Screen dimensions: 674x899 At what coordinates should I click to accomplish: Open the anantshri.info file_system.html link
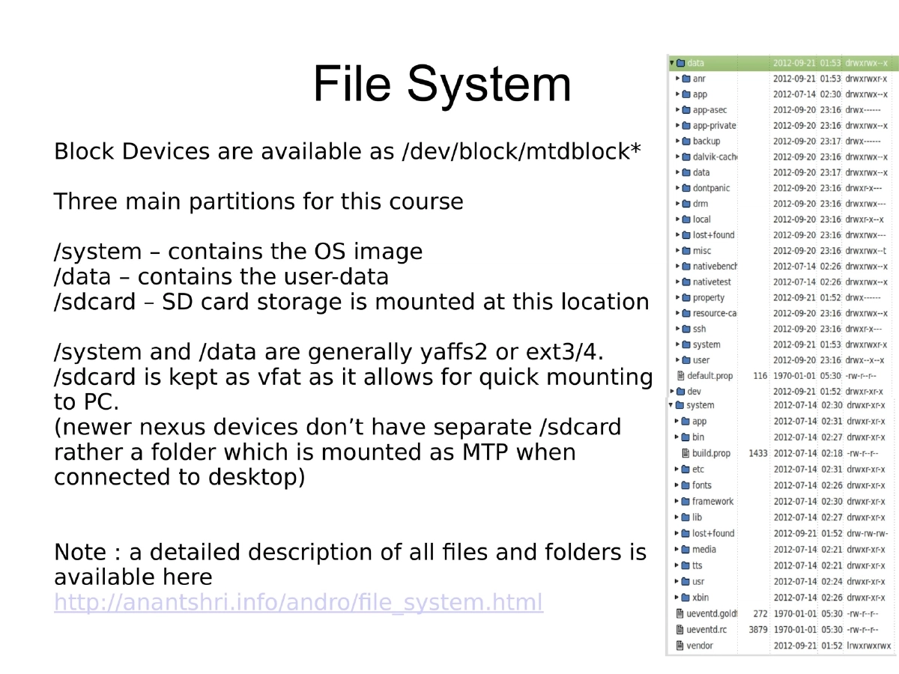[x=298, y=602]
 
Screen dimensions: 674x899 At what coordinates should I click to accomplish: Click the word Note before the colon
[x=79, y=553]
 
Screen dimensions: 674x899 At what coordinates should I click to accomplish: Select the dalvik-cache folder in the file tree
[x=715, y=157]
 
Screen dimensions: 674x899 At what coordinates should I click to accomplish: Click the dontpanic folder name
[x=711, y=188]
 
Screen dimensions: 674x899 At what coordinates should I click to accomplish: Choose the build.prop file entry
[x=711, y=453]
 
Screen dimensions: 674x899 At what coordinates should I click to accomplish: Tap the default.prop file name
[x=709, y=375]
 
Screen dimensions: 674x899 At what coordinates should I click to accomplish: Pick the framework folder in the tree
[x=712, y=501]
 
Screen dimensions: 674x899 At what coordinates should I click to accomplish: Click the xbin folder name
[x=700, y=597]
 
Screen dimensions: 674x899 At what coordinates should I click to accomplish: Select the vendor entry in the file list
[x=699, y=645]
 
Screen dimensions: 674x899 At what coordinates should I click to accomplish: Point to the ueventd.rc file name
[x=706, y=629]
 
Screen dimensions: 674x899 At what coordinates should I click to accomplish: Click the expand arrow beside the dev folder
[x=672, y=391]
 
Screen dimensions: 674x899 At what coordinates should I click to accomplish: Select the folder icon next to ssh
[x=685, y=329]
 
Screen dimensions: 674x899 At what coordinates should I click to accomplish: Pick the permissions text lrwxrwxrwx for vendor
[x=868, y=645]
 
